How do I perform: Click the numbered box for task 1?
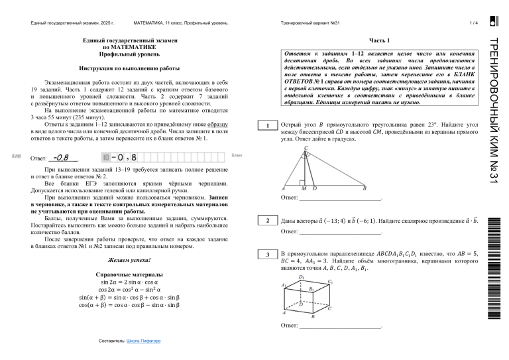point(266,127)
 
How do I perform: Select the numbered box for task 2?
point(266,220)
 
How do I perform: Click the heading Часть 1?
point(380,40)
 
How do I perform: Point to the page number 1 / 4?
point(473,23)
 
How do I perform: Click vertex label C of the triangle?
point(306,148)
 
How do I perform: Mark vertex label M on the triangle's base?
point(304,188)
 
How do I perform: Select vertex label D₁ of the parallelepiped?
point(302,277)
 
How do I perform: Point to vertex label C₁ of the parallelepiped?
point(330,281)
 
